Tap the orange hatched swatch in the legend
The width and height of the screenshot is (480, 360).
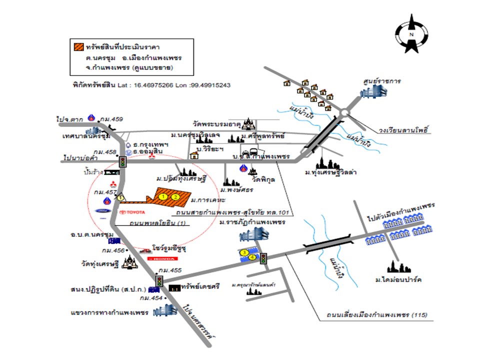tap(78, 47)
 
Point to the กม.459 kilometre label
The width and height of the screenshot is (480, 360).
tap(111, 119)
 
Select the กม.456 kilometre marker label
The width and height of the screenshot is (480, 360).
tap(112, 250)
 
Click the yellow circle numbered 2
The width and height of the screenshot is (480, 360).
tap(176, 197)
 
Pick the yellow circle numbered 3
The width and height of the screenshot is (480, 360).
tap(244, 253)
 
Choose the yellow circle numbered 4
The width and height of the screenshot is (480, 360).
tap(252, 257)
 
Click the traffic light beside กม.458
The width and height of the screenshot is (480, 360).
tap(122, 161)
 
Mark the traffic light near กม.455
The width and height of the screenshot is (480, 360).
tap(159, 281)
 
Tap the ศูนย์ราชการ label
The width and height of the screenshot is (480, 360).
tap(382, 80)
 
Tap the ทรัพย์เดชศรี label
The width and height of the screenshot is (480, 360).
tap(200, 288)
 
